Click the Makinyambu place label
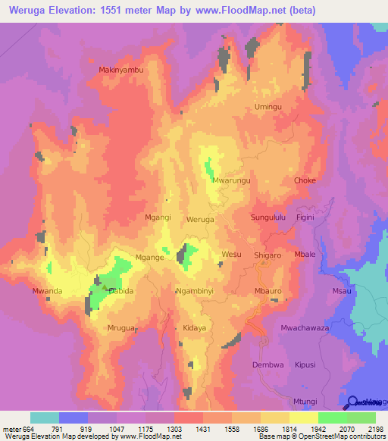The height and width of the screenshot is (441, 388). [121, 70]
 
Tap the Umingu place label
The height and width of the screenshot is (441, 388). [268, 107]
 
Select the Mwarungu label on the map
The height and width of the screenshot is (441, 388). [232, 181]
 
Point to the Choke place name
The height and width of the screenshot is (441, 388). [305, 180]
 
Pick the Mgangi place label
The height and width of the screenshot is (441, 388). [158, 217]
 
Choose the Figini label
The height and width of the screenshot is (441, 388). [305, 217]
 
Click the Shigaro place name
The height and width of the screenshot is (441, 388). [267, 255]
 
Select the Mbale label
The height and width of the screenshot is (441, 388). [305, 255]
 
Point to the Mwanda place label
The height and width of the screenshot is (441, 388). [47, 291]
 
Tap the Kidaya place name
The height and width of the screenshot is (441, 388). [195, 328]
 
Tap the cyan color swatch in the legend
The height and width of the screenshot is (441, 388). [45, 418]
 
